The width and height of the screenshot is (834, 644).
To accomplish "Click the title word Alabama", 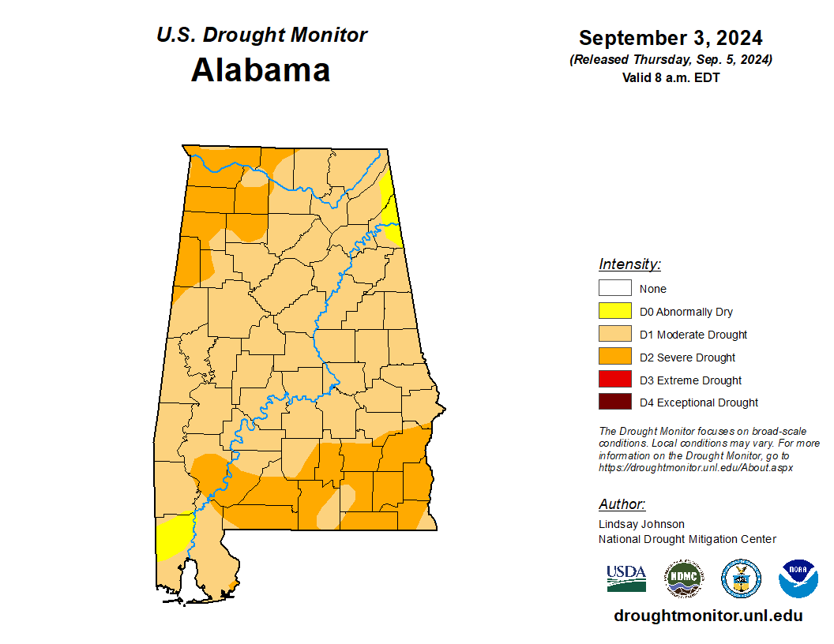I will pos(260,70).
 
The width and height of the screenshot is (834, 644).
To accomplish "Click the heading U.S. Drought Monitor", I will pos(261,36).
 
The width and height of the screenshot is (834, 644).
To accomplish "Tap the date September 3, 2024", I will pos(670,38).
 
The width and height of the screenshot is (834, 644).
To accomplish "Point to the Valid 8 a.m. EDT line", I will pos(671,77).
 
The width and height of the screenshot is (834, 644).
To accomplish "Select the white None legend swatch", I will pos(614,289).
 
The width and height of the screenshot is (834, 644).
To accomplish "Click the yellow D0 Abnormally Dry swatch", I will pos(614,312).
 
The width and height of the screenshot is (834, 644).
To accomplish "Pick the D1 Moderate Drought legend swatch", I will pos(614,335).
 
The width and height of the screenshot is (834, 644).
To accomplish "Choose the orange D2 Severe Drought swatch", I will pos(614,358).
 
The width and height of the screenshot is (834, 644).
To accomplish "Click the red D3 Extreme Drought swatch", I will pos(614,380).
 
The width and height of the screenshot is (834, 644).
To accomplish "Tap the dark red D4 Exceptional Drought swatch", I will pos(614,402).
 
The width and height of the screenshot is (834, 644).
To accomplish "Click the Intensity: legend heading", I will pos(629,264).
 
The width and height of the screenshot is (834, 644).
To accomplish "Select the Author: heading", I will pos(622,504).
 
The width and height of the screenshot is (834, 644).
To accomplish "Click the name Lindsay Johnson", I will pos(641,524).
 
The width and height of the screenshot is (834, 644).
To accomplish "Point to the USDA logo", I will pos(626,578).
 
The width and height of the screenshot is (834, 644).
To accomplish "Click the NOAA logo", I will pos(798,578).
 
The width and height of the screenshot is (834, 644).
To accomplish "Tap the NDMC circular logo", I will pos(683,578).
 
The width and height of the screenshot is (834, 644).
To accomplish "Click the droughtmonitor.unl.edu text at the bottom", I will pos(708,616).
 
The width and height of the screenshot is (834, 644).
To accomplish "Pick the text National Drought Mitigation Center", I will pos(687,539).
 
